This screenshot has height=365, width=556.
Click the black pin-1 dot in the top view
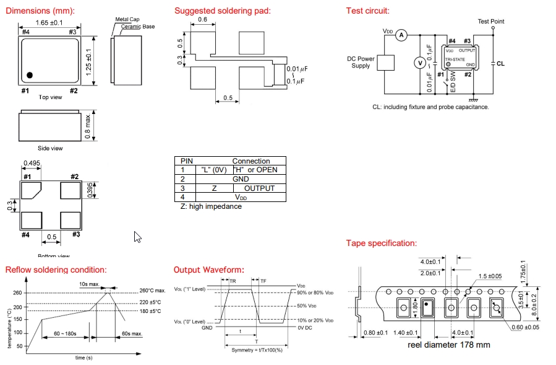click(x=29, y=75)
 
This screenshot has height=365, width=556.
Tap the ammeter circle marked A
click(x=401, y=35)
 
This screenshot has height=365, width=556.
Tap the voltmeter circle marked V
click(x=418, y=63)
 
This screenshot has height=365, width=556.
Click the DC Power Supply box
click(x=385, y=63)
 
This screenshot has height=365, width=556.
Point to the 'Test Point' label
click(x=491, y=22)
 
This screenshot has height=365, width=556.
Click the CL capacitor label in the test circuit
click(x=500, y=63)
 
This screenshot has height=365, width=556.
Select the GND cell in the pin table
click(x=241, y=178)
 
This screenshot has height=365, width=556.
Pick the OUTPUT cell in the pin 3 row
click(x=259, y=188)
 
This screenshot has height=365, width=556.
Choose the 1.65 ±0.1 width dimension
click(x=49, y=23)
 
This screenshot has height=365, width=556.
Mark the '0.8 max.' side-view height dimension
click(x=88, y=126)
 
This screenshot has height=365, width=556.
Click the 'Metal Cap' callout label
click(x=127, y=20)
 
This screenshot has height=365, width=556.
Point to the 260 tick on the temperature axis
click(x=17, y=293)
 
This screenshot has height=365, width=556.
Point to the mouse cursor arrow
click(x=137, y=237)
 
